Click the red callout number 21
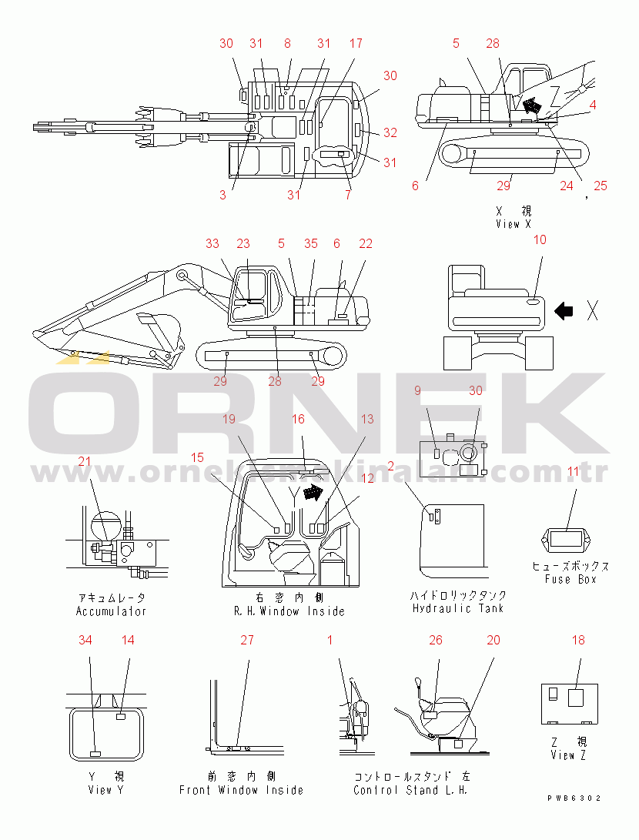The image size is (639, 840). click(84, 461)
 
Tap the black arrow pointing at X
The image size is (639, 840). click(564, 311)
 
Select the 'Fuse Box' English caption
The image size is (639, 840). click(570, 579)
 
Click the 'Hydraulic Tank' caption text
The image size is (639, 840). click(458, 608)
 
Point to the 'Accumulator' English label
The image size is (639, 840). click(111, 611)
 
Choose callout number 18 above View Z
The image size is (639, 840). click(578, 640)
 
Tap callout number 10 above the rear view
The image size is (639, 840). click(540, 239)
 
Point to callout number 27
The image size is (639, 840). click(246, 640)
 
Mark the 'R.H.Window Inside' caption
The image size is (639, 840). click(289, 611)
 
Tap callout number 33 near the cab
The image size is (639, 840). click(212, 243)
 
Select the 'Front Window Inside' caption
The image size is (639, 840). click(241, 790)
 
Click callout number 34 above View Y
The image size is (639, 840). click(85, 640)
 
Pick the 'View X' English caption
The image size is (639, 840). click(514, 224)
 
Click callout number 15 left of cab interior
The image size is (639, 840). click(198, 457)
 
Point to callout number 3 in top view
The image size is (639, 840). click(222, 195)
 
